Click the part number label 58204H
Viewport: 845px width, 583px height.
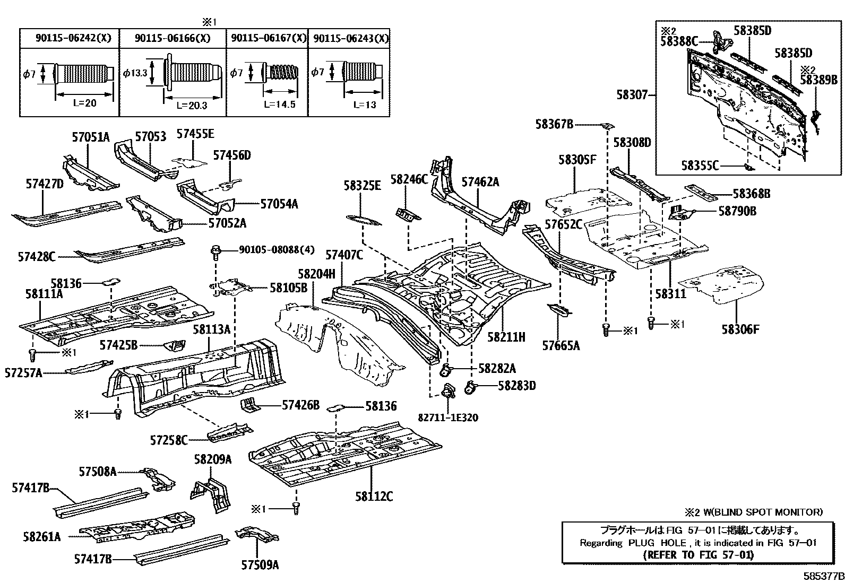point(316,274)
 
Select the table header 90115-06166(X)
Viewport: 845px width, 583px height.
point(172,38)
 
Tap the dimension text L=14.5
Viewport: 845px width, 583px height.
point(279,105)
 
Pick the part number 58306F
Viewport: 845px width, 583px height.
point(740,329)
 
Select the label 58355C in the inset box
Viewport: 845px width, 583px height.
point(700,166)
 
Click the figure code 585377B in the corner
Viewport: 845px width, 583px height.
point(823,576)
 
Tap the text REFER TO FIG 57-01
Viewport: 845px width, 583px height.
point(698,555)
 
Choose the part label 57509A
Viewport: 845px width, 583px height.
point(260,565)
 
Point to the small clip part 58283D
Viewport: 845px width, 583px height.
point(470,387)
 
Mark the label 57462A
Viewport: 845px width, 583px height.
point(480,182)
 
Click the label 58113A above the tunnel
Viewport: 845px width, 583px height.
point(211,329)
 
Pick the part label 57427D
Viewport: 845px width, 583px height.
point(45,184)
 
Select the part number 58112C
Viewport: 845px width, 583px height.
point(374,497)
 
